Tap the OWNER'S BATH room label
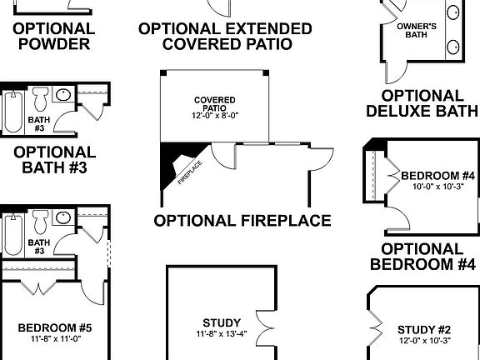point(422,32)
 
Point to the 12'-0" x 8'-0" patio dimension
point(214,117)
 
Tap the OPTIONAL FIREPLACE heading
point(242,221)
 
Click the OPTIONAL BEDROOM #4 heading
point(422,257)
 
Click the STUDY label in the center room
point(222,322)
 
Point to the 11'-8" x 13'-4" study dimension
point(222,334)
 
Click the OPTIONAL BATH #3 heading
point(54,160)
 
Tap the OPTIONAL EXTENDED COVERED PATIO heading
point(225,36)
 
